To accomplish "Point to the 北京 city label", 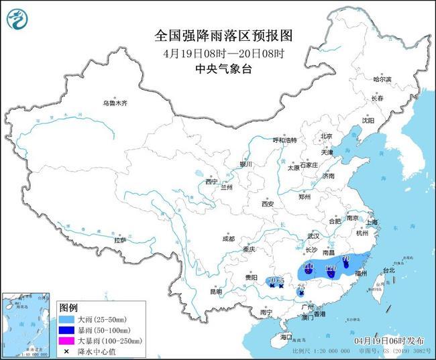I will tap(327, 136).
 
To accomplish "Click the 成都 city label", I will tap(228, 239).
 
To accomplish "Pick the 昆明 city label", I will tap(216, 292).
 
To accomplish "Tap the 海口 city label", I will tap(287, 337).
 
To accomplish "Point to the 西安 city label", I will tap(268, 203).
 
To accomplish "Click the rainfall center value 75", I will tap(301, 287).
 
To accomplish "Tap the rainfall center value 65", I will tap(281, 280).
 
